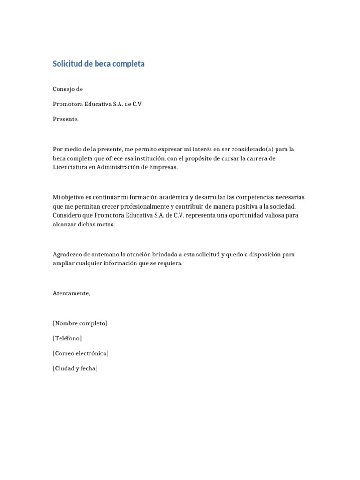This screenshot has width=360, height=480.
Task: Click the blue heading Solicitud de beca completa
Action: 98,64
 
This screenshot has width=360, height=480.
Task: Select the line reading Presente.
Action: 66,119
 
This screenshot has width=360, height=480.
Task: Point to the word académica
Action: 172,197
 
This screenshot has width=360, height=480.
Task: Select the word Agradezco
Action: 68,254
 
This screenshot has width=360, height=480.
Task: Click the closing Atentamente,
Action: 71,293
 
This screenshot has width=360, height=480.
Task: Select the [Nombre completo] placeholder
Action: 80,323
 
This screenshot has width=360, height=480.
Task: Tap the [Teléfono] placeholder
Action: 67,338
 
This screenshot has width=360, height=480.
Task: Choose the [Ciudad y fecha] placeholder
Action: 75,368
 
